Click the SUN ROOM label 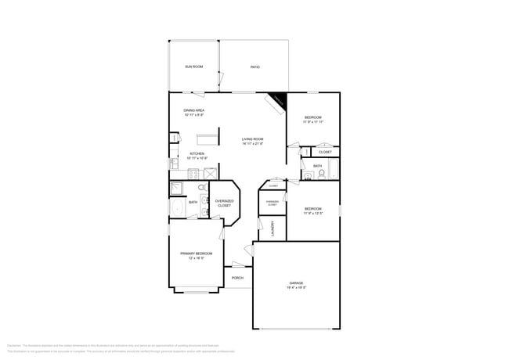coord(193,67)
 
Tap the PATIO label coord(254,67)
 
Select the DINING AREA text coord(193,110)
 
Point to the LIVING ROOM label coord(252,139)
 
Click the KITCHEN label coord(197,153)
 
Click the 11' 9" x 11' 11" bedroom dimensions coord(312,122)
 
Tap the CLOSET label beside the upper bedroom coord(325,152)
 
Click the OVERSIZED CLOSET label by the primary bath coord(224,203)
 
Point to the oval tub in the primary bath coord(176,208)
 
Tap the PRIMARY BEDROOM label coord(196,254)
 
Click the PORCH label coord(237,278)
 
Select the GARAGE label coord(296,283)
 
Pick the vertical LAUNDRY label coord(272,229)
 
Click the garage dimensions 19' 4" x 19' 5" coord(296,287)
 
